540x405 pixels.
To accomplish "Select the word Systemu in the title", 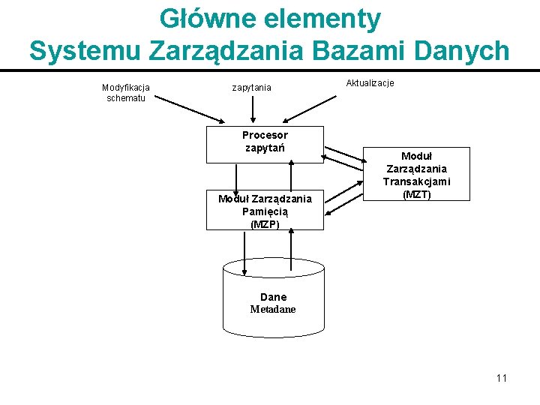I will pos(85,50).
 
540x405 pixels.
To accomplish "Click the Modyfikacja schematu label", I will pos(126,92).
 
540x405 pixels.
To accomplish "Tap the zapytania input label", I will pos(252,88).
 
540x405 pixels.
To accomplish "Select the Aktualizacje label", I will pos(370,82).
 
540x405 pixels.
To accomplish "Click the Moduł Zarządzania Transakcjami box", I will pos(416,174).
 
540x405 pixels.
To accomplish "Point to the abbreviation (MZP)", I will pos(265,223).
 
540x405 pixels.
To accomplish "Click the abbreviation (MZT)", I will pos(416,194).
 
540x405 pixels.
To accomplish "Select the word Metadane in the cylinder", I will pos(273,309).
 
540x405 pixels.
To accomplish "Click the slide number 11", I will pos(501,378).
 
